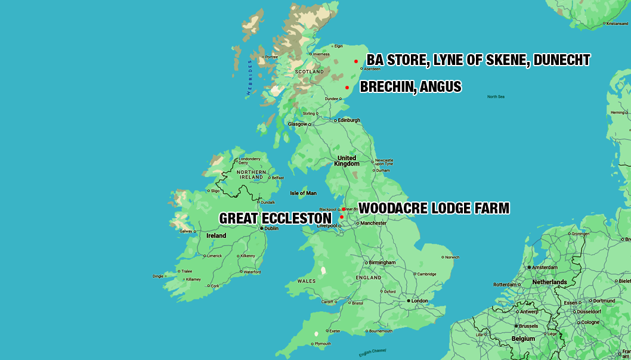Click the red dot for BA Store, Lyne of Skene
pyautogui.click(x=356, y=61)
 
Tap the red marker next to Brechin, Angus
pyautogui.click(x=347, y=88)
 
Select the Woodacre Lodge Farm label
pyautogui.click(x=434, y=208)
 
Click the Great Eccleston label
pyautogui.click(x=275, y=218)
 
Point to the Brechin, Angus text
pyautogui.click(x=410, y=87)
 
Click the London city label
pyautogui.click(x=419, y=300)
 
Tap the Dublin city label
pyautogui.click(x=271, y=228)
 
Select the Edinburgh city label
pyautogui.click(x=349, y=120)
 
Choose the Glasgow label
pyautogui.click(x=297, y=124)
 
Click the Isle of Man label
pyautogui.click(x=303, y=193)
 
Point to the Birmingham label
pyautogui.click(x=382, y=262)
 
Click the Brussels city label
pyautogui.click(x=528, y=326)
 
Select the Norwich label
pyautogui.click(x=451, y=257)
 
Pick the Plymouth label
pyautogui.click(x=322, y=344)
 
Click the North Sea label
pyautogui.click(x=496, y=97)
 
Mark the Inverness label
pyautogui.click(x=321, y=54)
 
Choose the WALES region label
pyautogui.click(x=307, y=281)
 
